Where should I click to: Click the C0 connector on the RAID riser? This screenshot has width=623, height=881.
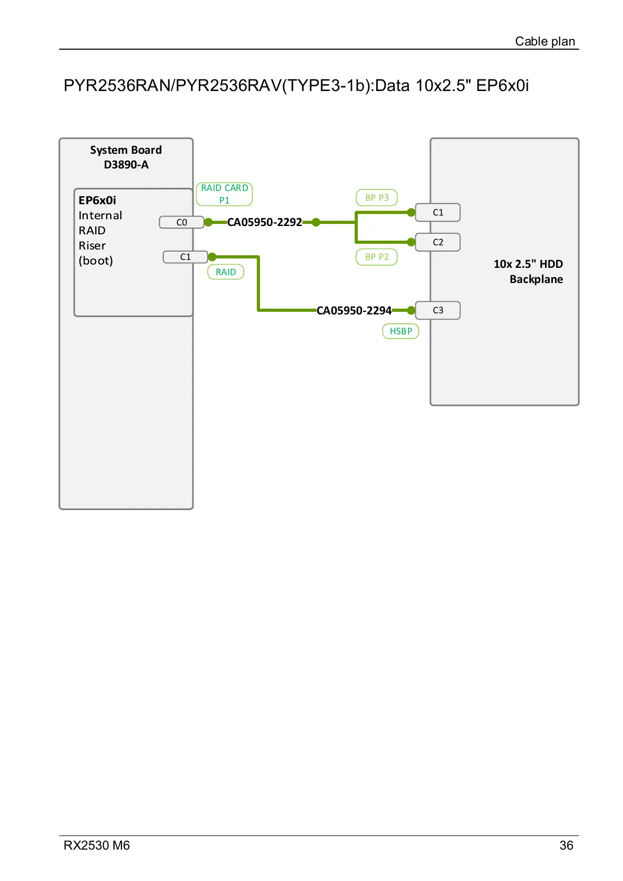(182, 222)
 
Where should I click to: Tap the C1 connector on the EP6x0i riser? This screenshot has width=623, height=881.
(185, 257)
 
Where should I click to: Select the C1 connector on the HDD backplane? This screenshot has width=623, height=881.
(438, 212)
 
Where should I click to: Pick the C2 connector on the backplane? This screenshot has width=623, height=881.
(438, 242)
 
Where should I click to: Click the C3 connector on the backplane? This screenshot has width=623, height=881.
(438, 310)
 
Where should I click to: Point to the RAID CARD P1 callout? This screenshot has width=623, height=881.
(224, 194)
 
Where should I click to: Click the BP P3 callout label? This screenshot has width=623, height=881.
(377, 198)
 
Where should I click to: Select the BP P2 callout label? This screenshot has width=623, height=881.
(377, 257)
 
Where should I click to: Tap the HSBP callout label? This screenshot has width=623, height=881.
(401, 331)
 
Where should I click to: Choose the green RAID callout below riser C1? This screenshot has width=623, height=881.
(225, 272)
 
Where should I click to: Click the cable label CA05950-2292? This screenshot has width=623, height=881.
(265, 222)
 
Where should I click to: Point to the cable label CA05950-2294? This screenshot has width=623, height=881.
(354, 311)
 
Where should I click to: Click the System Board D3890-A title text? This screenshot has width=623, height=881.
(126, 157)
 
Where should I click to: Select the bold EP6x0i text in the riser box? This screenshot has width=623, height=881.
(97, 200)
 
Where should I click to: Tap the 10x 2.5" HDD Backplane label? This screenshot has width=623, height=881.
(528, 272)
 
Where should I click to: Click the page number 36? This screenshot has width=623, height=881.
(566, 845)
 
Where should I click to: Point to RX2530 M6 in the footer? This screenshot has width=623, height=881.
(97, 845)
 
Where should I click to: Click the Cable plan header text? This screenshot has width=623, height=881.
(545, 41)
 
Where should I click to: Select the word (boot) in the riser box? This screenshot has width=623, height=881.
(96, 261)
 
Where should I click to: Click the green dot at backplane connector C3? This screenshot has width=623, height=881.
(411, 310)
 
